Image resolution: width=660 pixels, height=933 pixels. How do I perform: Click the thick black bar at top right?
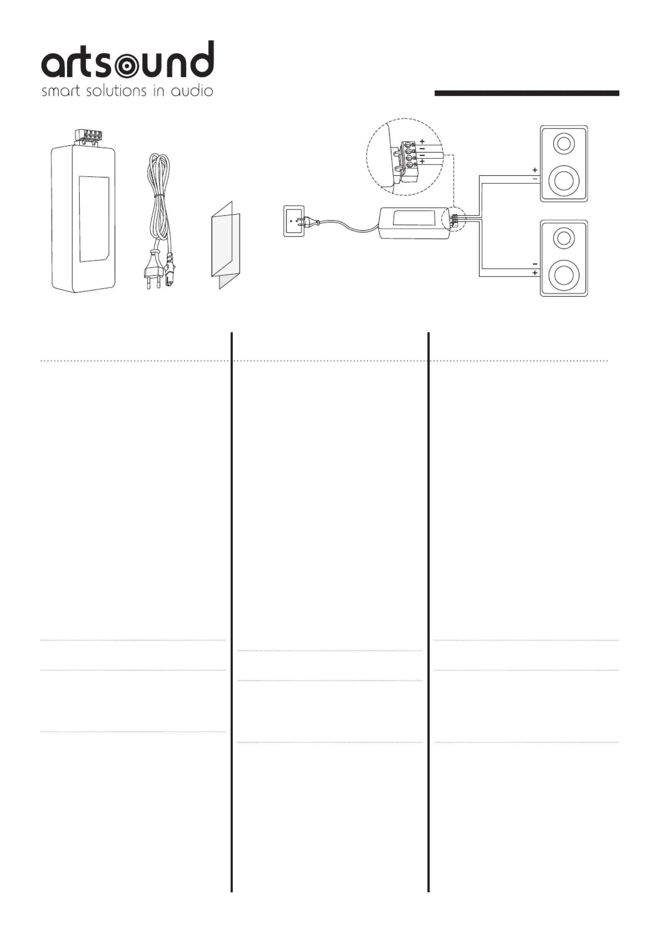pyautogui.click(x=527, y=93)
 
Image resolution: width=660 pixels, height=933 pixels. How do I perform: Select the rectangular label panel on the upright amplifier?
pyautogui.click(x=94, y=219)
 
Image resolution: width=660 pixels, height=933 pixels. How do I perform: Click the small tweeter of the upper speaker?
pyautogui.click(x=564, y=144)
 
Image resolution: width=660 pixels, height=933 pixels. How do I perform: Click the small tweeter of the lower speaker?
pyautogui.click(x=564, y=239)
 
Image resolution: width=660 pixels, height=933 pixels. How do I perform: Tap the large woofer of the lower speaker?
pyautogui.click(x=564, y=275)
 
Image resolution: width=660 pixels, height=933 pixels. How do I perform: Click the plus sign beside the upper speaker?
pyautogui.click(x=535, y=170)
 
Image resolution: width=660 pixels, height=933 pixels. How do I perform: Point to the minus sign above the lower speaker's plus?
pyautogui.click(x=535, y=264)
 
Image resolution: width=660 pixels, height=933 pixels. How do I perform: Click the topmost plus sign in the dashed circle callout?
pyautogui.click(x=422, y=141)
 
